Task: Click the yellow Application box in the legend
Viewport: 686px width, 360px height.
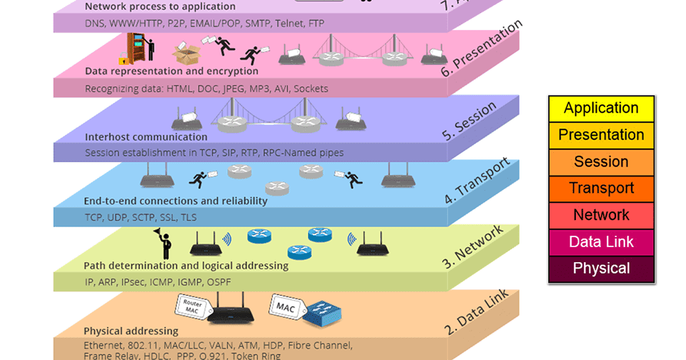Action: [601, 109]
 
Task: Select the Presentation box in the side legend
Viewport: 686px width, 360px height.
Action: [601, 135]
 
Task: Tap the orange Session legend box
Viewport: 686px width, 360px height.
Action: [601, 162]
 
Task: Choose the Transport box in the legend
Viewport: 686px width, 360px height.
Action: [601, 189]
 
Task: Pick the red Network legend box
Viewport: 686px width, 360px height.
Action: [601, 215]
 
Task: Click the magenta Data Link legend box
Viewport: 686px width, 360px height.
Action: [601, 242]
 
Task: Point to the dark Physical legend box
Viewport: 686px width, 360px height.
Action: [601, 269]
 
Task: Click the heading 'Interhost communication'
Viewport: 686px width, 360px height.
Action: [146, 136]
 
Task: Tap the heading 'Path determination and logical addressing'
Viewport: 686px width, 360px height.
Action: [186, 266]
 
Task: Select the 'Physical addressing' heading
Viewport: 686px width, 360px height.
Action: [131, 331]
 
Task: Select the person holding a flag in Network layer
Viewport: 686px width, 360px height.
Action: [164, 244]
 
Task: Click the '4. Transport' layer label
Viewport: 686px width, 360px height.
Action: [477, 180]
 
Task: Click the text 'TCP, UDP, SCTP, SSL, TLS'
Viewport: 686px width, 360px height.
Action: [139, 217]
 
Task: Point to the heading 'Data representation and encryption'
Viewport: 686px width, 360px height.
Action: [171, 71]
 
